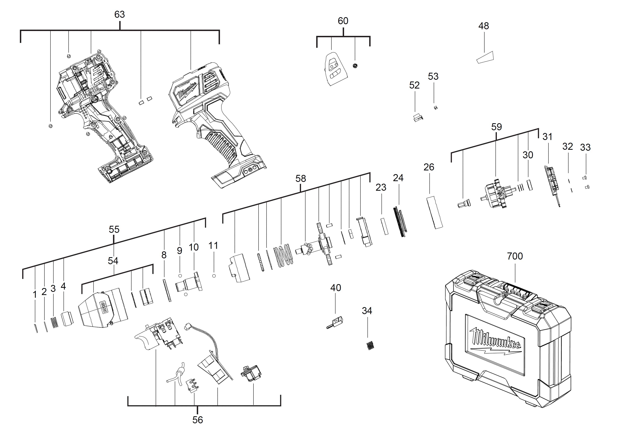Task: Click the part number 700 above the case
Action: point(515,256)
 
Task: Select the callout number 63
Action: point(119,14)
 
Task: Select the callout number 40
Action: point(335,288)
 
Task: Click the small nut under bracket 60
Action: point(355,66)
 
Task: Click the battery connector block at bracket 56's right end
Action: point(251,374)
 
